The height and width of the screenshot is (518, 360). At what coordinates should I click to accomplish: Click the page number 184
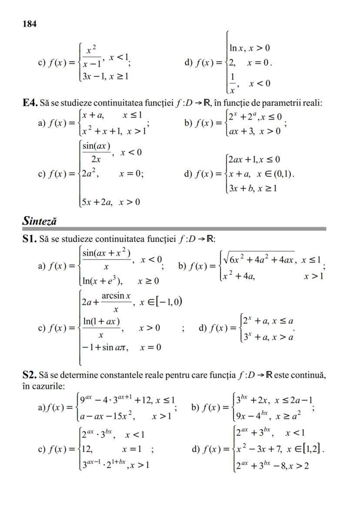(29, 24)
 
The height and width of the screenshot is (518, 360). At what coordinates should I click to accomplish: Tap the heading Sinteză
(40, 221)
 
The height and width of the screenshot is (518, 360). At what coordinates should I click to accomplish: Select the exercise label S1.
(29, 238)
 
